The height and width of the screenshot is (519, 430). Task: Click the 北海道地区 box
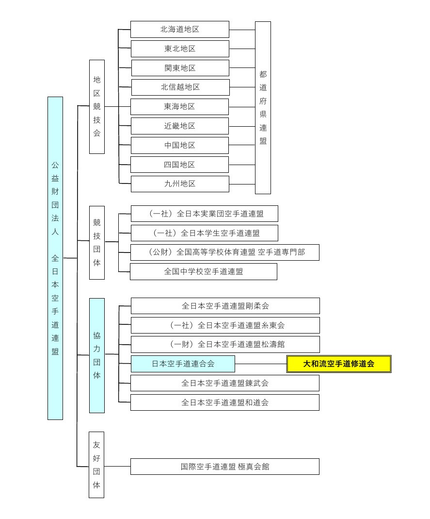[x=179, y=29]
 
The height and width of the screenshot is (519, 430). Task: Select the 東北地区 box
[x=179, y=49]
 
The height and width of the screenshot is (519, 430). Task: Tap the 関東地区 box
[x=180, y=68]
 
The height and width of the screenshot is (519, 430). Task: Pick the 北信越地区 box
[x=180, y=87]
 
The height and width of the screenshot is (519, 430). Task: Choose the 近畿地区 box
[x=179, y=126]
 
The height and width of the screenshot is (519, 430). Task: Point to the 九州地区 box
[x=180, y=184]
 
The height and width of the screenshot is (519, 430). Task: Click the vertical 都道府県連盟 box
[x=263, y=107]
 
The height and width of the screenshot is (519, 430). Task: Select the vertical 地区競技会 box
[x=97, y=106]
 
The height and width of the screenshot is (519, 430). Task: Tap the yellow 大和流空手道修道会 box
[x=339, y=364]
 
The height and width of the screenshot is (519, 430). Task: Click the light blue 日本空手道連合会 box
[x=183, y=364]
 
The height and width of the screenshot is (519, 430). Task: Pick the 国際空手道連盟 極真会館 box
[x=225, y=467]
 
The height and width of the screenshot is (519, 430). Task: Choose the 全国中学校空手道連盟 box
[x=204, y=271]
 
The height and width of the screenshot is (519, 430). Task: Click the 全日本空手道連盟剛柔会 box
[x=225, y=306]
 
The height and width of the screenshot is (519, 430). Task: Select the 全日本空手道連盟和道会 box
[x=225, y=402]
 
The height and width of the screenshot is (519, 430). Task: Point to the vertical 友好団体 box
[x=96, y=465]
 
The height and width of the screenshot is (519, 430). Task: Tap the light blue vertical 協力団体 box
[x=97, y=355]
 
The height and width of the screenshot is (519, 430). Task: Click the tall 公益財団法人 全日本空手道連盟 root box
[x=55, y=258]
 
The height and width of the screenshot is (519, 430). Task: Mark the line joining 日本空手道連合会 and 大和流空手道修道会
[x=261, y=364]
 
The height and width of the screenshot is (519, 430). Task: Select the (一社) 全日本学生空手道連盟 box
[x=205, y=233]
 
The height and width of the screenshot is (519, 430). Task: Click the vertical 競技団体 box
[x=97, y=242]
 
